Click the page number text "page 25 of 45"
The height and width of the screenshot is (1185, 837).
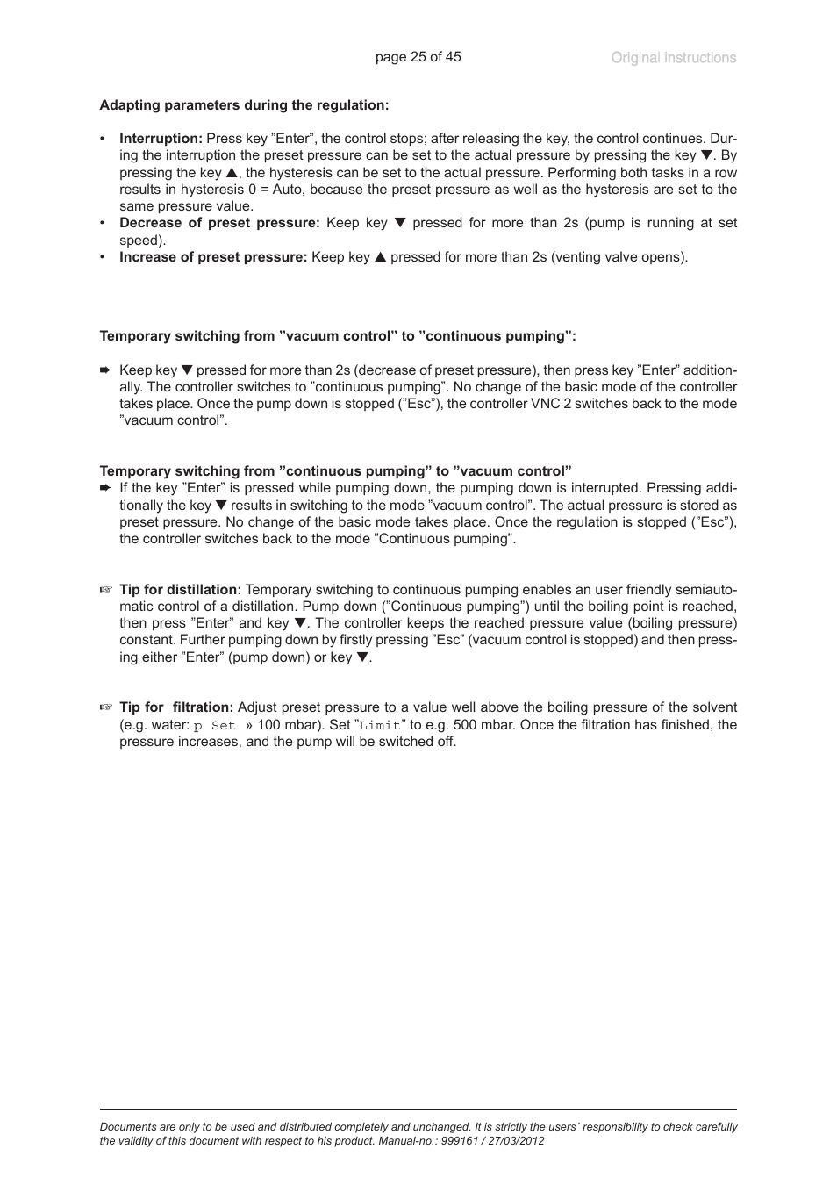[418, 57]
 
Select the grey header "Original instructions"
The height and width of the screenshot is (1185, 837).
[673, 58]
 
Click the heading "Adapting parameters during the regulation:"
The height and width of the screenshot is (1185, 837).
[244, 105]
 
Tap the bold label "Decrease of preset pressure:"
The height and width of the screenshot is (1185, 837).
[219, 223]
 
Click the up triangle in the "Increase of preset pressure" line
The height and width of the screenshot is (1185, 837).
[380, 257]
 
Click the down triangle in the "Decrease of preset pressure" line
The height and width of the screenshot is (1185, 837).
[400, 223]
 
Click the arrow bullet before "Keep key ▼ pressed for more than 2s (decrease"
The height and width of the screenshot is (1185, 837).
[105, 370]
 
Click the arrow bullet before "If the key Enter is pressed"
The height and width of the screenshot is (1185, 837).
[105, 488]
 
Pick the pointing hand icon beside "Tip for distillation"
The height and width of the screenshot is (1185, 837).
[106, 590]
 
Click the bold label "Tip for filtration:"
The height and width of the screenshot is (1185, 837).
[176, 707]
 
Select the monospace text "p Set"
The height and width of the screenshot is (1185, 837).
[215, 726]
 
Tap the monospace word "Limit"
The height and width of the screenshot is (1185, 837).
[380, 726]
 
